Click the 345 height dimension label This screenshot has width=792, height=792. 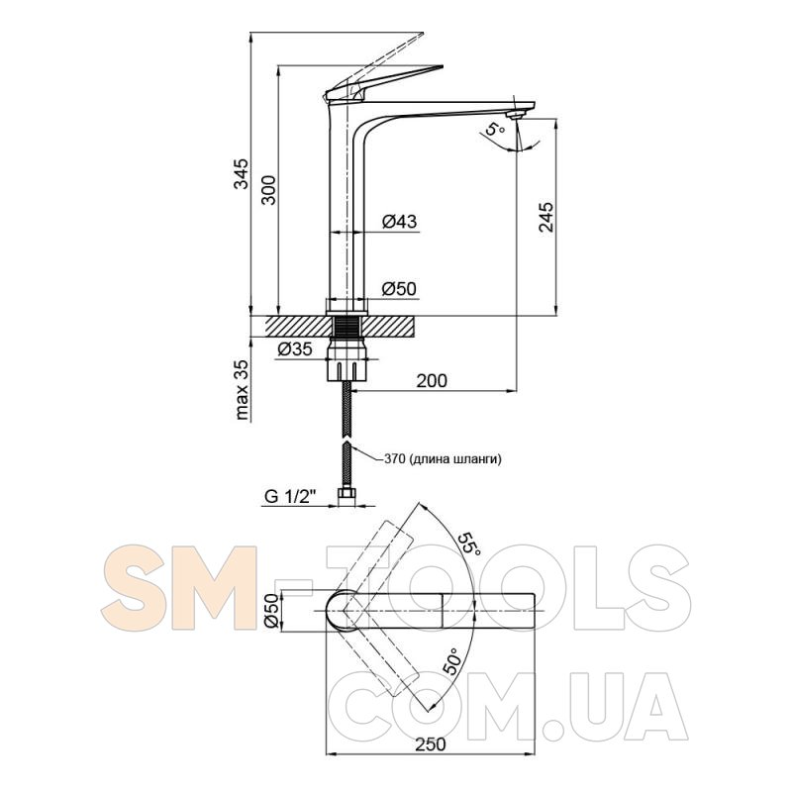[242, 173]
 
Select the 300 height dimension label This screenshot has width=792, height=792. [268, 189]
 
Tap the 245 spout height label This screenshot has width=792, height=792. [545, 217]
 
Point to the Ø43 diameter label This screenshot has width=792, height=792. [400, 221]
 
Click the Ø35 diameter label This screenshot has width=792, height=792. [295, 348]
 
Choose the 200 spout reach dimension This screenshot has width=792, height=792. [432, 380]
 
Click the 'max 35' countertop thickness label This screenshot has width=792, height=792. [243, 390]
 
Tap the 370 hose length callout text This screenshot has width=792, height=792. [443, 459]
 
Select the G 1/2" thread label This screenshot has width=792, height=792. [290, 497]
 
